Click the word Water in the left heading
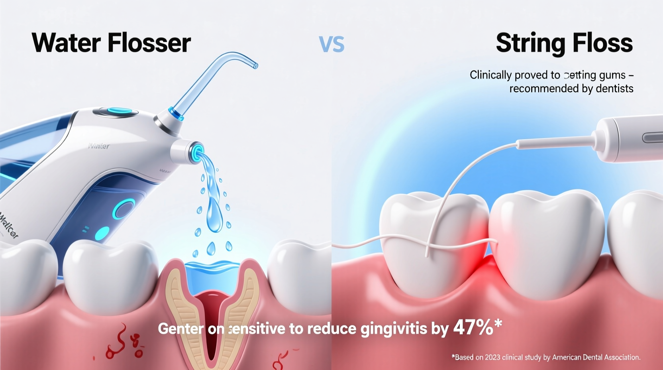[66, 43]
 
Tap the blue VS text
[331, 44]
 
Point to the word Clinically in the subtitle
[490, 75]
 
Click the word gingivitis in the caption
[394, 329]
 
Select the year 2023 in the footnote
[492, 357]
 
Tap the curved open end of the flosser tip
[254, 65]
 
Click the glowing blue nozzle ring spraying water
[196, 153]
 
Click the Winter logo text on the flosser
[99, 146]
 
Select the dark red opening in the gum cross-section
[211, 307]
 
